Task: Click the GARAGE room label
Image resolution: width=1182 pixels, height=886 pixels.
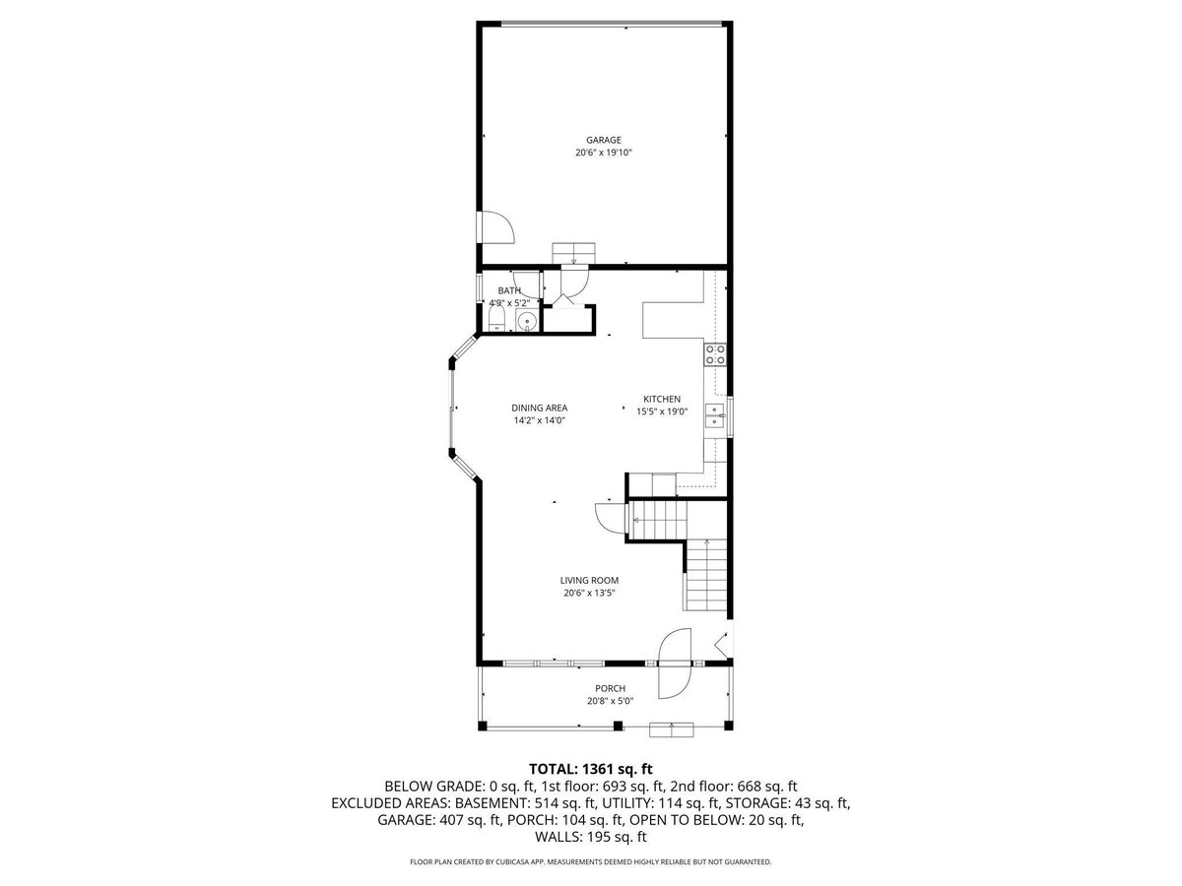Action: click(x=603, y=140)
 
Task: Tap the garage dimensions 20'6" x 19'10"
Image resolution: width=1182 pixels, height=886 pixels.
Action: click(x=603, y=153)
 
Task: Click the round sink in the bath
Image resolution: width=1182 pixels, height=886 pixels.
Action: click(x=526, y=322)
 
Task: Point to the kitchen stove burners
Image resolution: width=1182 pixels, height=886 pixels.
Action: click(x=715, y=354)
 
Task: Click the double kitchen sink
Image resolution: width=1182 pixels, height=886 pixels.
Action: click(x=715, y=415)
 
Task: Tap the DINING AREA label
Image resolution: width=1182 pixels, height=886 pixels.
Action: click(x=539, y=408)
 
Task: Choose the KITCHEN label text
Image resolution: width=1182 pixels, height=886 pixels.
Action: click(x=662, y=399)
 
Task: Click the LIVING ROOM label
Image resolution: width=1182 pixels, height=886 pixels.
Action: click(x=589, y=580)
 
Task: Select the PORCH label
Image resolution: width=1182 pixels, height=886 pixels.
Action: click(x=610, y=688)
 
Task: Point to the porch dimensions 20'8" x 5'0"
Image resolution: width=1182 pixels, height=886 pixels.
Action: click(x=610, y=701)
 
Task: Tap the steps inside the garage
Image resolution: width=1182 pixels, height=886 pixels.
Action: click(x=573, y=253)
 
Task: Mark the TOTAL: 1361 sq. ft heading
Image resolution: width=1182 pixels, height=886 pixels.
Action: click(x=591, y=769)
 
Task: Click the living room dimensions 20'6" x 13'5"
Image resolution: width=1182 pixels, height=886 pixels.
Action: click(x=589, y=593)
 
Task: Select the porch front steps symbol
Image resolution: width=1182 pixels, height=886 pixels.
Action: click(x=672, y=730)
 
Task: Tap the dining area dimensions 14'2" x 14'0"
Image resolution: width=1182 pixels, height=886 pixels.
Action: click(x=539, y=420)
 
